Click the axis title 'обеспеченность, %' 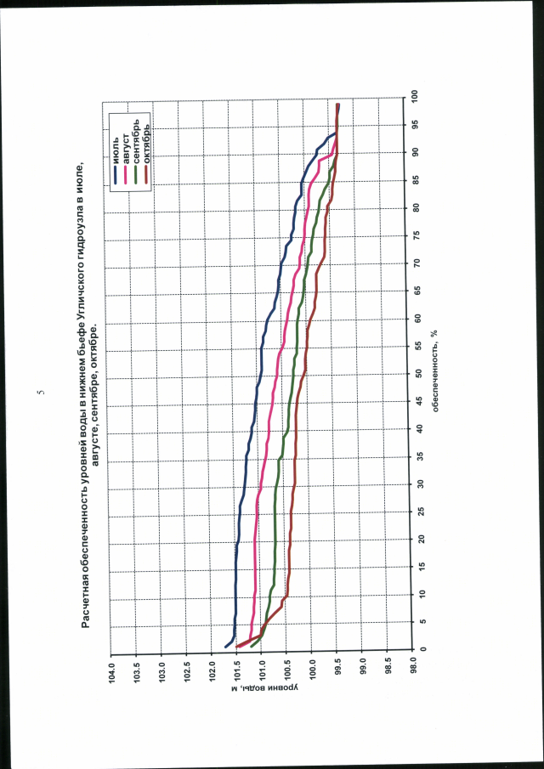(434, 374)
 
